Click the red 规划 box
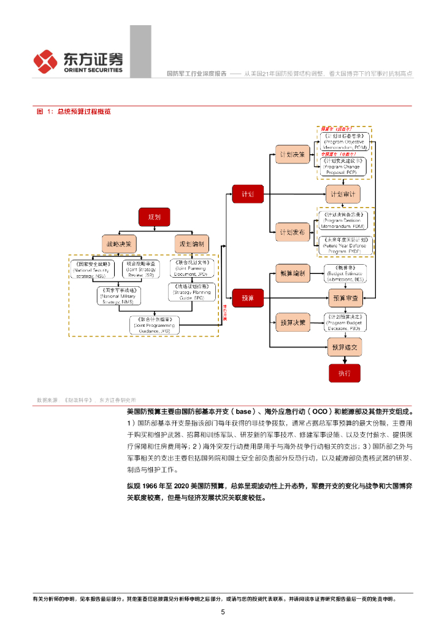coord(154,217)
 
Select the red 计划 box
coord(247,193)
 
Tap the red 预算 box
coord(247,298)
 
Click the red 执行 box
coord(344,373)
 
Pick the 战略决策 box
coord(119,243)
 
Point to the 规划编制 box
coord(191,243)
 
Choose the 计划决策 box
coord(292,154)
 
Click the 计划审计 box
coord(343,193)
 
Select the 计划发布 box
coord(292,232)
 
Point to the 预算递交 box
coord(344,348)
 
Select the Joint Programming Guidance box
coord(155,325)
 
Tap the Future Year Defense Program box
coord(344,244)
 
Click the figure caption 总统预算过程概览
coord(84,111)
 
